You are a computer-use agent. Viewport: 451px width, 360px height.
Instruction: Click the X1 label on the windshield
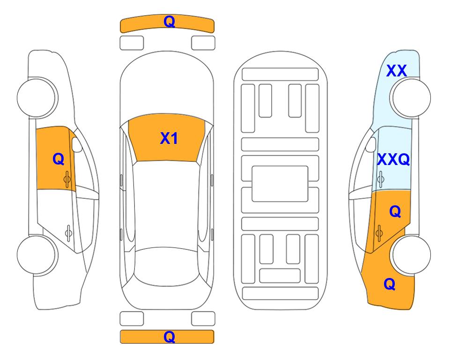169,138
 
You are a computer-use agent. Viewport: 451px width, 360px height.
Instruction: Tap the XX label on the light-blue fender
396,71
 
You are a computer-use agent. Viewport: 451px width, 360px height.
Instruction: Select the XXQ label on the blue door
393,159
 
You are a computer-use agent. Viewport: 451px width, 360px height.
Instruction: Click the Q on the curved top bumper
170,21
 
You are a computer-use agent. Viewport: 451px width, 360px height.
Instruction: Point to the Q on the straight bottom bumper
170,337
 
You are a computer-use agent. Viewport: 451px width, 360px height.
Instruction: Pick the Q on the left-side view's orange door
59,159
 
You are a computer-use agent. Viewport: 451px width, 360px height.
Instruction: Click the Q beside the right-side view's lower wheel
390,284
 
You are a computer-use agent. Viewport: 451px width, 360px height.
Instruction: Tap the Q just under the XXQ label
395,211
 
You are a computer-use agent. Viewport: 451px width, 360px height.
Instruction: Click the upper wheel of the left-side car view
37,97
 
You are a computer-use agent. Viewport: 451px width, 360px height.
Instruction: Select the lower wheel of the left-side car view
37,255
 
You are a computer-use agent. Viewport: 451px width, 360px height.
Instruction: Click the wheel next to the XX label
411,97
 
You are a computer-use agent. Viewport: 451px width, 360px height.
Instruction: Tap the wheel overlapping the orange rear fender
411,255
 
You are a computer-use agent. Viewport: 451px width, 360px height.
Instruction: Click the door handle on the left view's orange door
67,179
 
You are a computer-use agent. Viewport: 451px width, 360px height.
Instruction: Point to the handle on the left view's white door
68,232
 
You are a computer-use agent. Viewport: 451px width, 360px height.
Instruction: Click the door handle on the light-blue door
380,179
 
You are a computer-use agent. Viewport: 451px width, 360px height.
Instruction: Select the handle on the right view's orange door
379,233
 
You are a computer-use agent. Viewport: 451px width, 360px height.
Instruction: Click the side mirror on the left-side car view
77,144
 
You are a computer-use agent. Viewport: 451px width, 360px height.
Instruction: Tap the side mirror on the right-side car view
371,144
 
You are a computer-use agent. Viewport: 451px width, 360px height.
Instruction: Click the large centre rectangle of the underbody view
280,184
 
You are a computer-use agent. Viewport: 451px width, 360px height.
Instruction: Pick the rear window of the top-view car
167,266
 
